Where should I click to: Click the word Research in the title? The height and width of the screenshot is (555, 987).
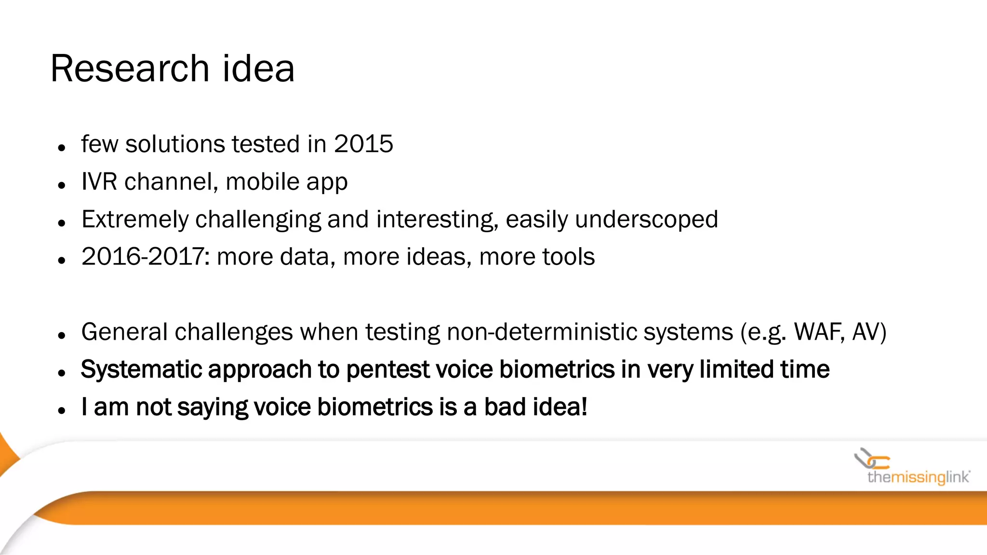click(x=129, y=69)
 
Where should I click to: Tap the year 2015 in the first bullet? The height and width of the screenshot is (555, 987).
click(x=363, y=144)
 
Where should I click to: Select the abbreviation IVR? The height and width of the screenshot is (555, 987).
click(x=99, y=182)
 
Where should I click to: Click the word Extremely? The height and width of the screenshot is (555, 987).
click(x=135, y=220)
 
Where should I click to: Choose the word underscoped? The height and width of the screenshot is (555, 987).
click(x=646, y=220)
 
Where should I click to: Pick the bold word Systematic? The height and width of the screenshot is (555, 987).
click(x=142, y=370)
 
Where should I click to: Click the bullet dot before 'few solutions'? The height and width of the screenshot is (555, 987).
click(x=61, y=148)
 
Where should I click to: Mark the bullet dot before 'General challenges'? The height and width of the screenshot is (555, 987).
click(x=61, y=335)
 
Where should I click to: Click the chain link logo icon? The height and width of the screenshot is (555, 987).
click(x=871, y=459)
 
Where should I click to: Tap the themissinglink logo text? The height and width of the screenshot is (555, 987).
click(x=918, y=477)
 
